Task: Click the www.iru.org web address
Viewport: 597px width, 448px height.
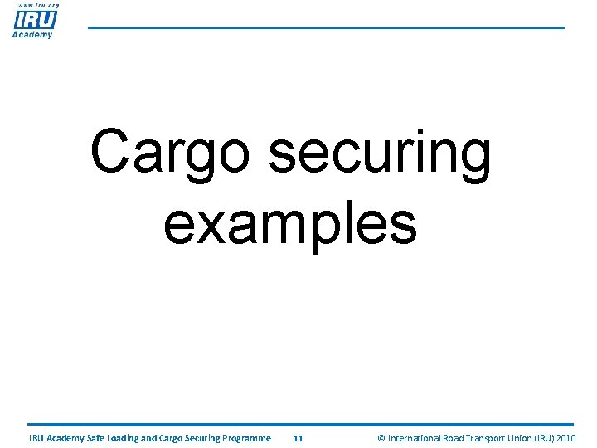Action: click(x=35, y=5)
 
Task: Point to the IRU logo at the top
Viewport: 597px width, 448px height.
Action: click(x=35, y=18)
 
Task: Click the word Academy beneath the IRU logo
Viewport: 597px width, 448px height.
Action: click(x=33, y=34)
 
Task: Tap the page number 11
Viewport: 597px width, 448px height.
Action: click(x=298, y=438)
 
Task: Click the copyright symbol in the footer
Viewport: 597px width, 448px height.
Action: click(x=381, y=438)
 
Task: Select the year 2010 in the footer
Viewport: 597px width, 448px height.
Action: click(x=567, y=438)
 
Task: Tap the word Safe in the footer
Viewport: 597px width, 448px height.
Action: click(x=99, y=438)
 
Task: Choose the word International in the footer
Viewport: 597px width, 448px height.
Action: click(x=416, y=438)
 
